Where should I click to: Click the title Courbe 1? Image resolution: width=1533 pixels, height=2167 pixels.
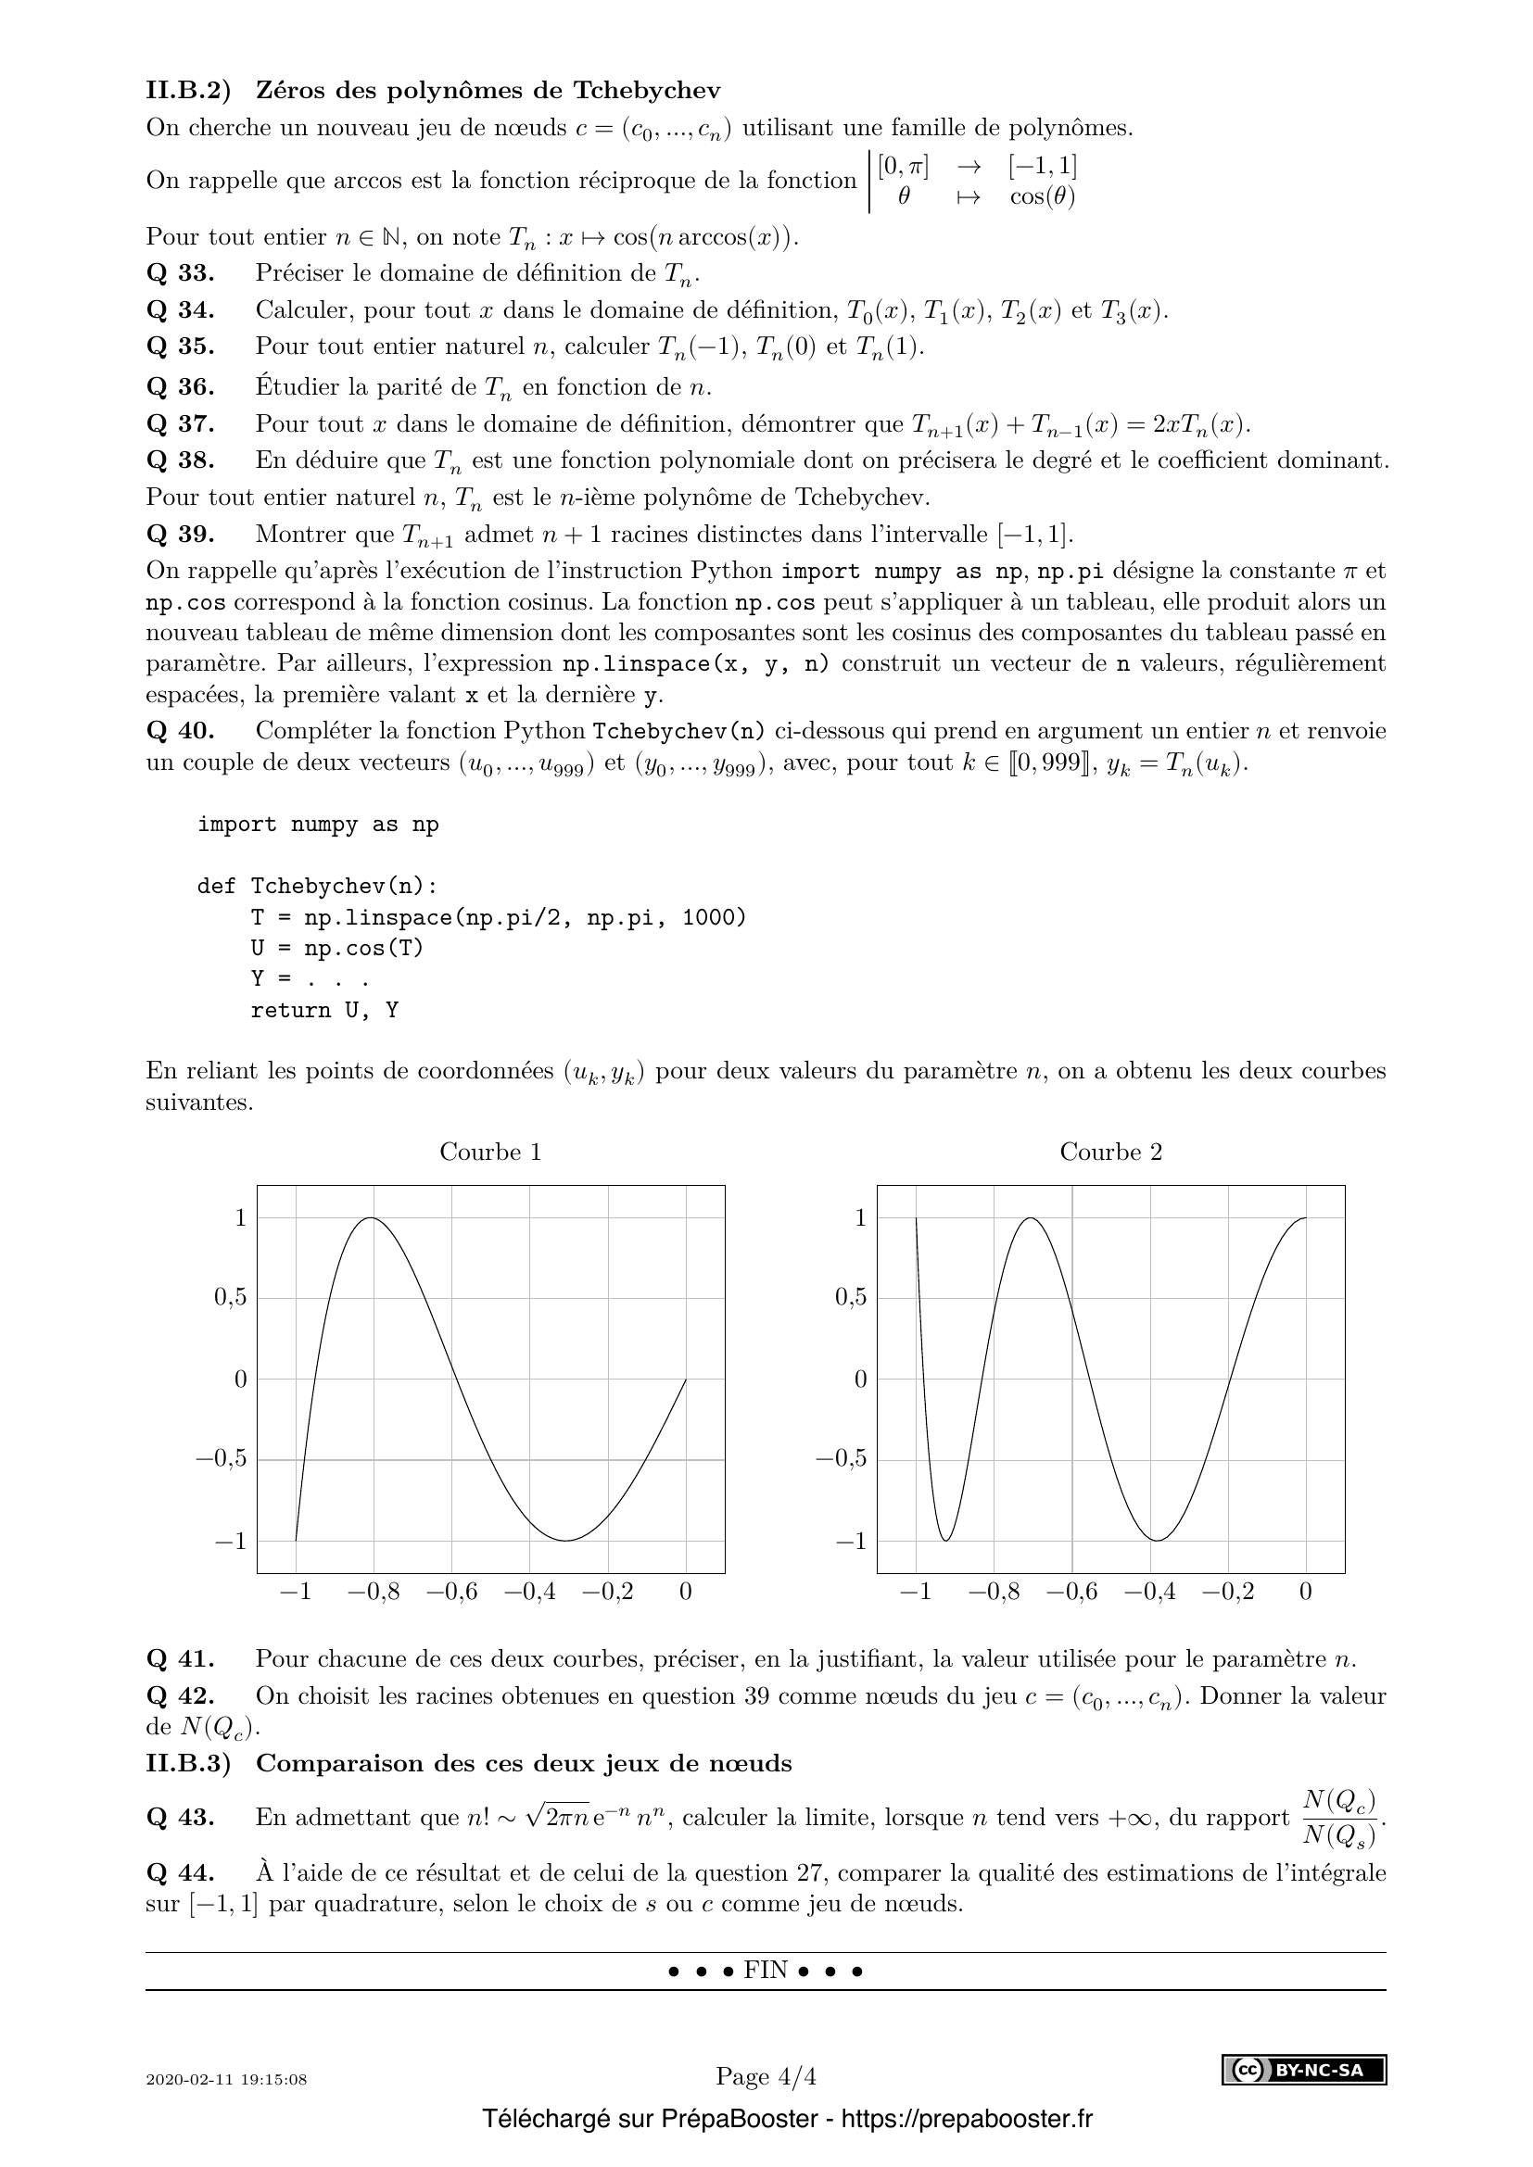[x=490, y=1152]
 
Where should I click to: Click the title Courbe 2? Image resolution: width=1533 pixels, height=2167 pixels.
[x=1110, y=1152]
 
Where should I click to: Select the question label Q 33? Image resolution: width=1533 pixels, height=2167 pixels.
[x=181, y=273]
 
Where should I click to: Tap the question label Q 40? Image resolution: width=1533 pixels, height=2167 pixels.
[x=181, y=730]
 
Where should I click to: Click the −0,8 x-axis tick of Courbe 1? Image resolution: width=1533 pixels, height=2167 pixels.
[x=374, y=1593]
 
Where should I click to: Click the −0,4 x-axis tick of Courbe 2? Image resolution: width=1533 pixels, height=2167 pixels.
[x=1149, y=1593]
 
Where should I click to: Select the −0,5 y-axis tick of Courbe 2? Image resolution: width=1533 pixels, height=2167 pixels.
[x=840, y=1459]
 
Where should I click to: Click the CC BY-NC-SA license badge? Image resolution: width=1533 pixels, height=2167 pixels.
[x=1304, y=2072]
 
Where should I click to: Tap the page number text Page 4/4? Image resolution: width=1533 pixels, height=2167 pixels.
[x=766, y=2077]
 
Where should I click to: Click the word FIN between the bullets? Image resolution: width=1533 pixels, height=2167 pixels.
[x=766, y=1971]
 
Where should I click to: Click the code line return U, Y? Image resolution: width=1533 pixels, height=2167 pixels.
[x=323, y=1011]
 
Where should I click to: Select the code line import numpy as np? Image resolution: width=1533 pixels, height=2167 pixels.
[x=318, y=825]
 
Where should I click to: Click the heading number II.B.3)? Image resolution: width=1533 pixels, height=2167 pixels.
[x=188, y=1763]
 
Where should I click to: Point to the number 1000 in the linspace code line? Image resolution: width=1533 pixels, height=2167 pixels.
[x=713, y=917]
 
